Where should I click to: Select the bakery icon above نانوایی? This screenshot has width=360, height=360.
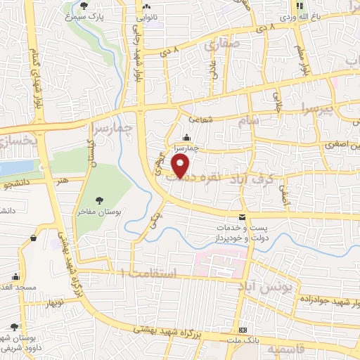[148, 7]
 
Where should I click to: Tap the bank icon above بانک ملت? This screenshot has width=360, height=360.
[242, 330]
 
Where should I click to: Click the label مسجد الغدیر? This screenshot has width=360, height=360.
[13, 288]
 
